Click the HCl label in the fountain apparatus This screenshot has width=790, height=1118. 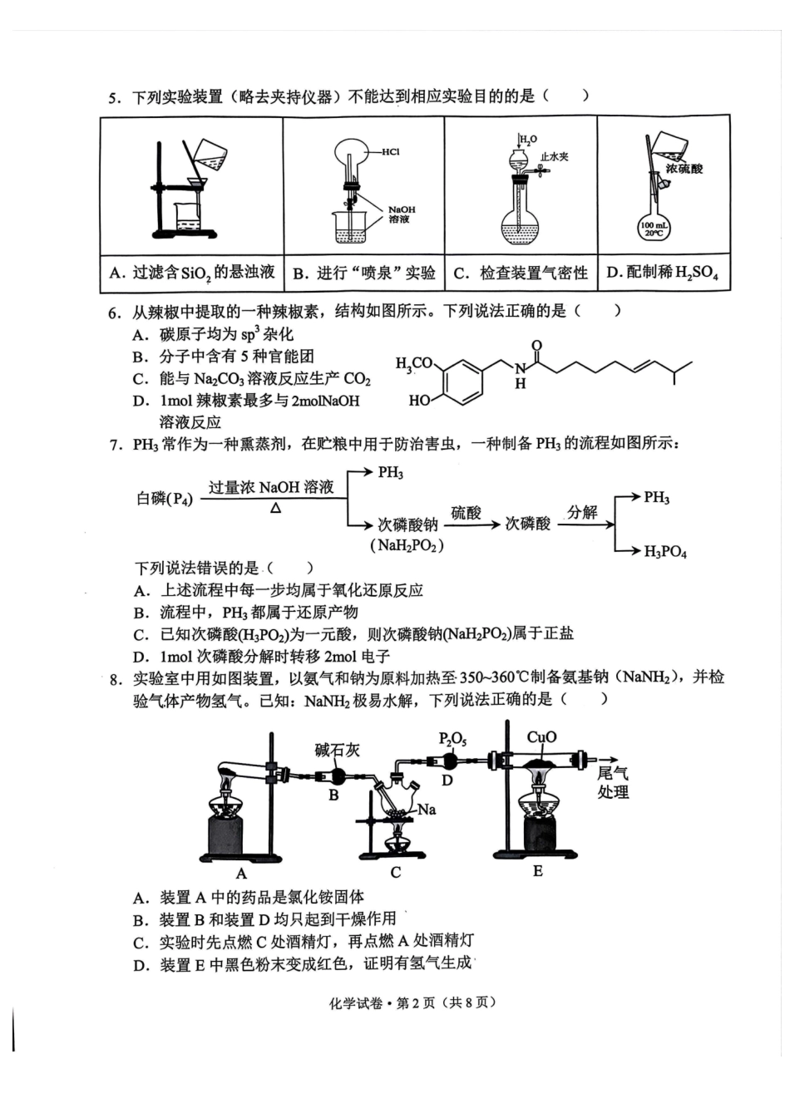tap(391, 152)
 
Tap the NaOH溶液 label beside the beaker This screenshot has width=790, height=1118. tap(401, 214)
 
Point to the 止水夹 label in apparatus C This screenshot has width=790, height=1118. tap(555, 156)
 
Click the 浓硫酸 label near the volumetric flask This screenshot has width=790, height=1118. tap(684, 168)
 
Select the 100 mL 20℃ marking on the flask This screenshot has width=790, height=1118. tap(654, 229)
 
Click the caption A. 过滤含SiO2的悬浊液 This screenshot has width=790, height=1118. tap(192, 273)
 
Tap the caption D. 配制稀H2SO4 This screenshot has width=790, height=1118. tap(662, 273)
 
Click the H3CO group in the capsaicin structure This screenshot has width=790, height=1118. tap(413, 363)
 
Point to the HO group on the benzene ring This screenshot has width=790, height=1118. tap(419, 401)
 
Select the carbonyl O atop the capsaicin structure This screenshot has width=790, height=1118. tap(536, 346)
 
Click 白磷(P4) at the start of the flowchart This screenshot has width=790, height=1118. tap(165, 499)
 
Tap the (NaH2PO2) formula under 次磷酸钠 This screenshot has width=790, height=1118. tap(407, 545)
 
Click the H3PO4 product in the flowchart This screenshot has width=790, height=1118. tap(665, 551)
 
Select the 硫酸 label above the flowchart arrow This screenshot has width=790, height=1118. tap(466, 513)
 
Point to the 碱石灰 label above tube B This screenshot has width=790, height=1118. tap(337, 750)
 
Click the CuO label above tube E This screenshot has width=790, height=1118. tap(541, 737)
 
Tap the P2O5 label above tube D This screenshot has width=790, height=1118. tap(452, 739)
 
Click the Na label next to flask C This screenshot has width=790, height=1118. tap(427, 809)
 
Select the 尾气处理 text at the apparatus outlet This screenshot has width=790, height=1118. tap(613, 782)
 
